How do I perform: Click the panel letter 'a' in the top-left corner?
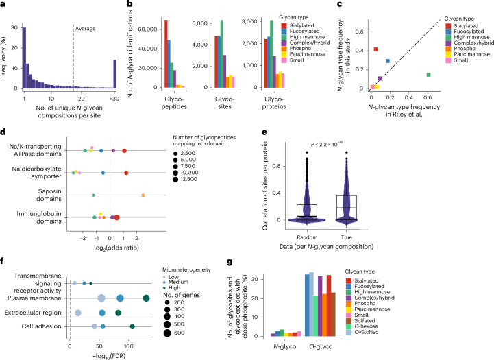[x=3, y=4]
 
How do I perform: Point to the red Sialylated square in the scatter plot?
[x=375, y=49]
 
